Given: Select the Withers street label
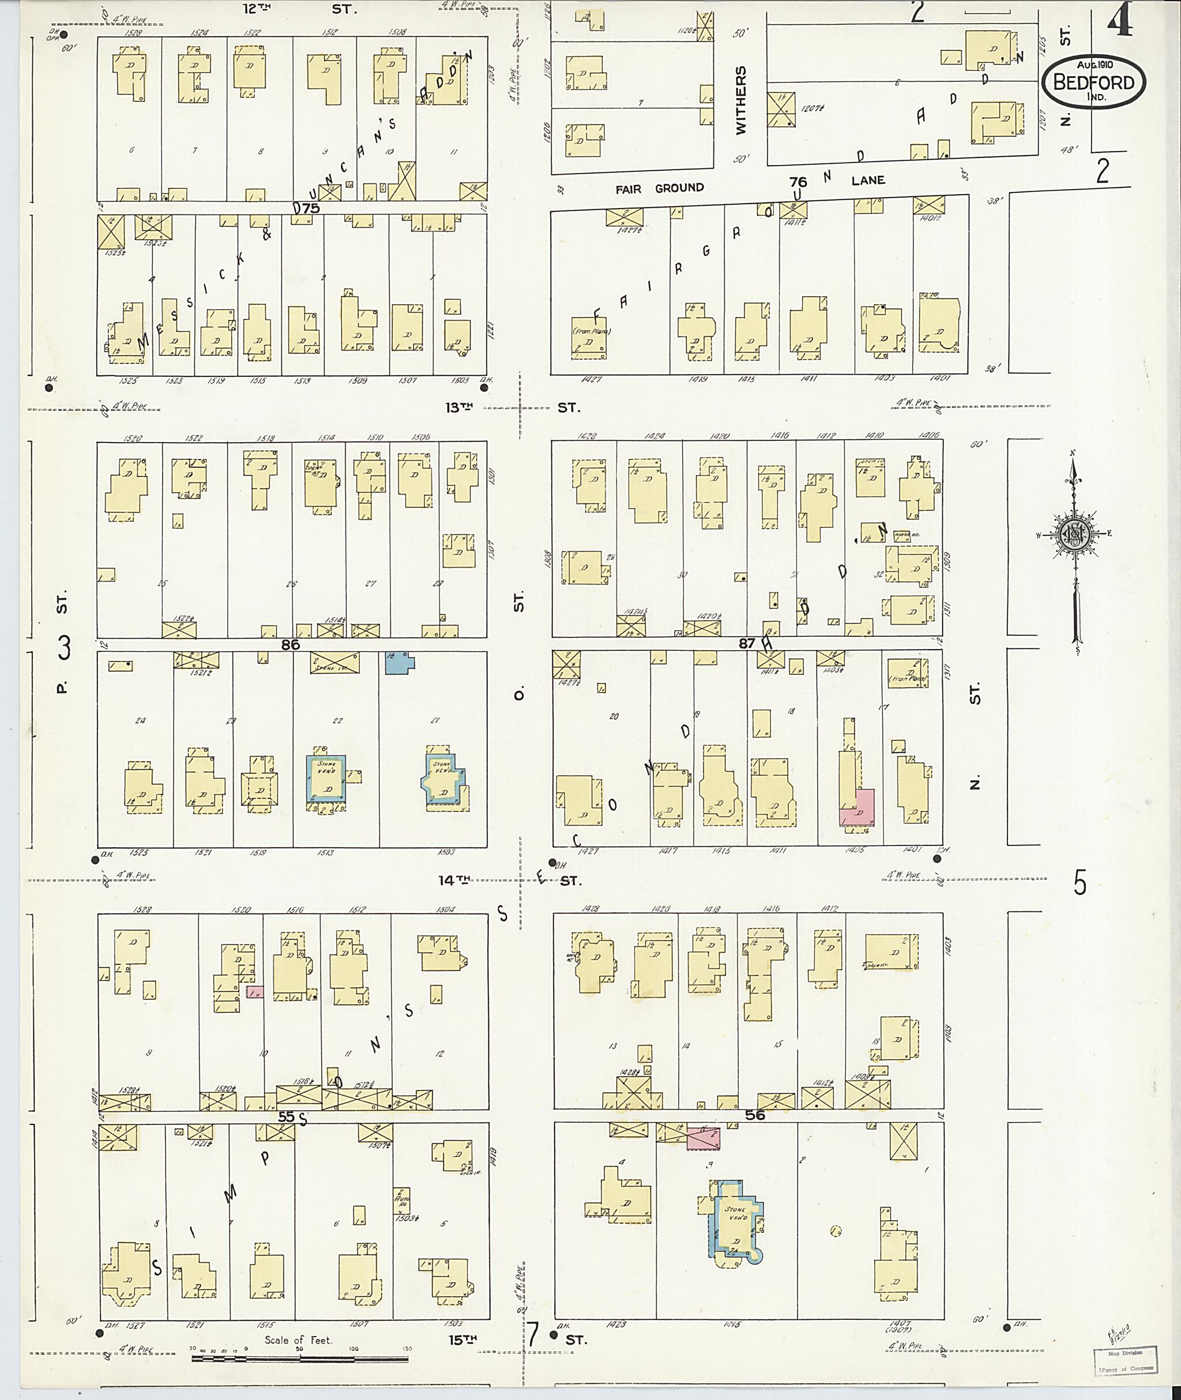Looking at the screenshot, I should (740, 100).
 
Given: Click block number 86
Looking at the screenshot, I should (290, 644).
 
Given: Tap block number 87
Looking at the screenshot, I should (747, 643).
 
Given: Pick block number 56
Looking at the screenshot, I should (754, 1115).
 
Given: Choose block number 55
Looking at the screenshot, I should (287, 1116).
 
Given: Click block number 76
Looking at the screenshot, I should (798, 182).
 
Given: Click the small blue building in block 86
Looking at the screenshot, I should (400, 663).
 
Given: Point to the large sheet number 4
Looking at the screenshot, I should (1119, 20).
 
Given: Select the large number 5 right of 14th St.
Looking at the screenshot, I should (1080, 884).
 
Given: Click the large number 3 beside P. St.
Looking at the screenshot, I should (64, 648).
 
